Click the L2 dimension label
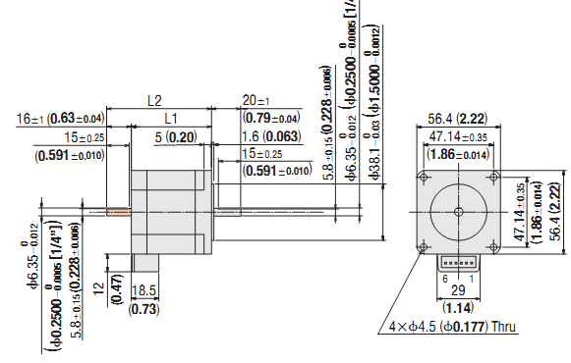click(154, 100)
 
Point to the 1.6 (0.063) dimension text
click(268, 136)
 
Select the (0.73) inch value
click(143, 308)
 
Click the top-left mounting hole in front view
click(425, 177)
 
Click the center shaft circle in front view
click(459, 211)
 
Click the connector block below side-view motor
click(145, 262)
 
